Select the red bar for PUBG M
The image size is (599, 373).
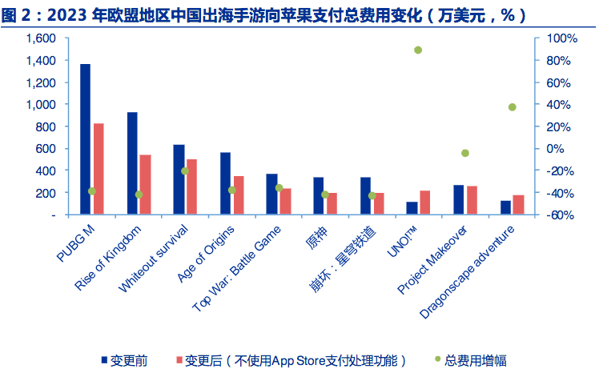(x=98, y=168)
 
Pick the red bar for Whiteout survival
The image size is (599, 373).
(x=191, y=186)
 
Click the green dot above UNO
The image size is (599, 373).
(x=418, y=50)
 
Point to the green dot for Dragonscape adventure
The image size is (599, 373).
(x=512, y=107)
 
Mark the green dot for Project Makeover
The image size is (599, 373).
(x=464, y=153)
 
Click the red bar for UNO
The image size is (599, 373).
(x=424, y=202)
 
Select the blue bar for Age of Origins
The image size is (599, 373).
(x=225, y=182)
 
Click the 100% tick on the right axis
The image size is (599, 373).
(x=561, y=38)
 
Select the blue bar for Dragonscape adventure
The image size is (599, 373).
(x=505, y=207)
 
